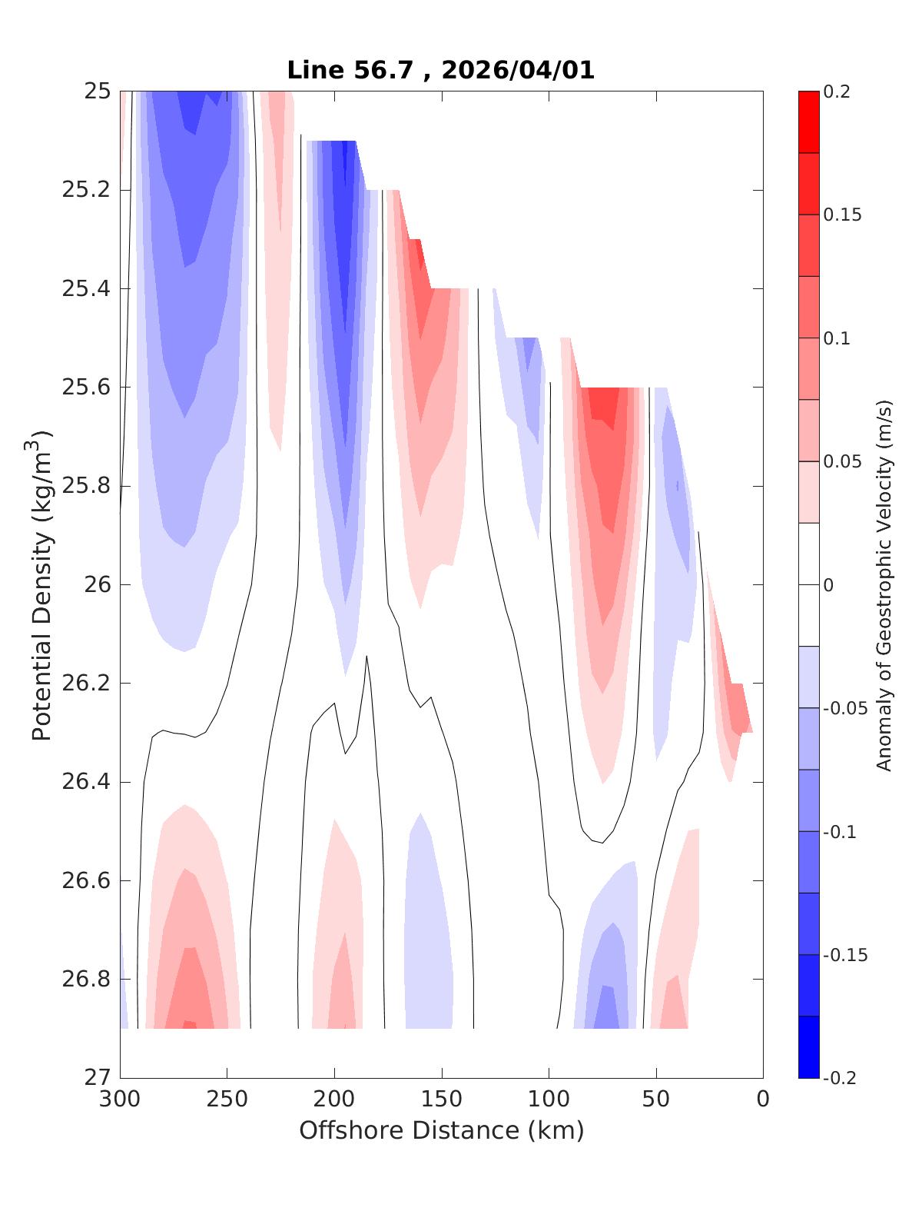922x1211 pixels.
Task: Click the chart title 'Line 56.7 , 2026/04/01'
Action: [x=440, y=70]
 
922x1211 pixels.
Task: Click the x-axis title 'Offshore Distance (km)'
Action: [x=441, y=1130]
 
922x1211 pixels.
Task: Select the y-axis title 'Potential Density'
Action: [x=42, y=584]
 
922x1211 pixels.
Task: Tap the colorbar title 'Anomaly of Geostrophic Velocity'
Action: [x=884, y=584]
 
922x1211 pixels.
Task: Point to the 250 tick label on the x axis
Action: [x=227, y=1100]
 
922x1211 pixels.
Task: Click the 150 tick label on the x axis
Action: [x=441, y=1100]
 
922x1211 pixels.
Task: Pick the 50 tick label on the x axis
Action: [x=655, y=1100]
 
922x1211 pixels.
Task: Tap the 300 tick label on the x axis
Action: [x=120, y=1100]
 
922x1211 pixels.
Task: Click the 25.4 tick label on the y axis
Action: [x=85, y=289]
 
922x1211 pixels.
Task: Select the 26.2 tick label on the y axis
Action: [x=85, y=684]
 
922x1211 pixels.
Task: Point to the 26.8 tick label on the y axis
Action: [x=85, y=980]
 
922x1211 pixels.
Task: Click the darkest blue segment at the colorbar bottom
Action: [x=808, y=1047]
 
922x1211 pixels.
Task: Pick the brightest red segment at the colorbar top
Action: [x=808, y=121]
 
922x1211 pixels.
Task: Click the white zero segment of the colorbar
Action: [x=808, y=584]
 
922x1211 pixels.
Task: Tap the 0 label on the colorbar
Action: [x=827, y=585]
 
